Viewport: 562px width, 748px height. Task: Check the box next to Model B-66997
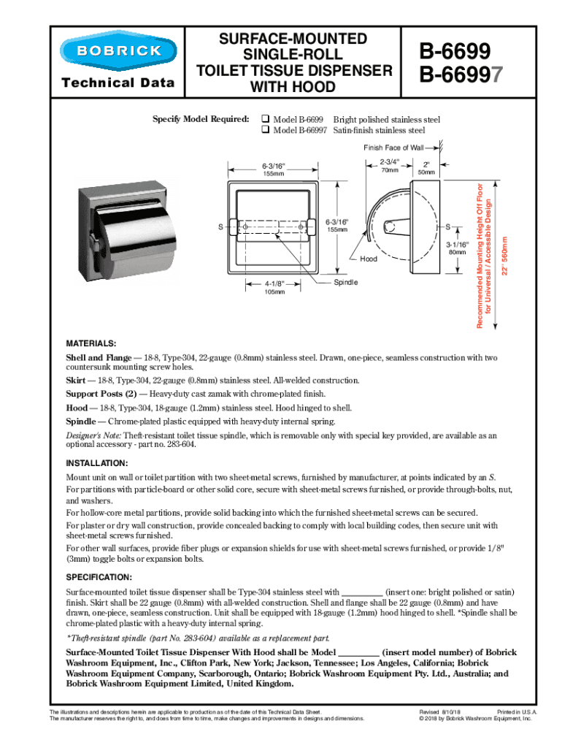(266, 131)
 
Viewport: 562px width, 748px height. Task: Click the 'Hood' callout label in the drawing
(368, 259)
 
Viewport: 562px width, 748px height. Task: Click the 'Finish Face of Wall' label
(393, 148)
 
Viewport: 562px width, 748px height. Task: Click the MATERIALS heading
(91, 343)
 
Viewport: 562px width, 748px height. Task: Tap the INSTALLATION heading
(97, 463)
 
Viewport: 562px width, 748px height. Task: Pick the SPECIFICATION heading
(99, 577)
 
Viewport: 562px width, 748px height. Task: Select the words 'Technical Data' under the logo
(118, 83)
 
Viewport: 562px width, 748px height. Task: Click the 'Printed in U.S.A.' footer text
(517, 711)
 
